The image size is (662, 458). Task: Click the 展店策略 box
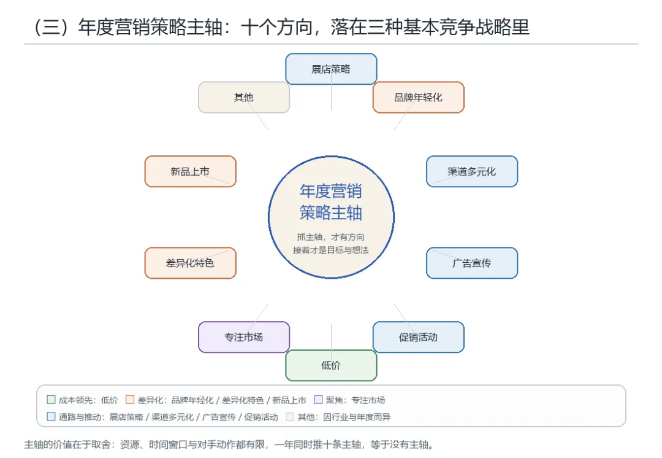point(331,69)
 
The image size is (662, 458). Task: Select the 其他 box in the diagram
point(244,97)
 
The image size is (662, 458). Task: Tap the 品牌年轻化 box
point(419,97)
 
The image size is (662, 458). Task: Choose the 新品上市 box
point(191,171)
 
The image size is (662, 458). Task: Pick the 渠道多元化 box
point(472,171)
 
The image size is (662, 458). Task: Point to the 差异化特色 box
point(191,263)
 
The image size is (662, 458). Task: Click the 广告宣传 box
point(472,263)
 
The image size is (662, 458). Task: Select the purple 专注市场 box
point(244,337)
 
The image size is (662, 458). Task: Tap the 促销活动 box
point(419,337)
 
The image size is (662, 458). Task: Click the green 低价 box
point(331,365)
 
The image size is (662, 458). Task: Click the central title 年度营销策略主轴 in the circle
point(331,202)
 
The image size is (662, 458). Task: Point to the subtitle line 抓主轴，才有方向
point(331,237)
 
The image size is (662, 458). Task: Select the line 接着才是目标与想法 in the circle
point(331,250)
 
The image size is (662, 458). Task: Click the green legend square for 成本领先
point(51,400)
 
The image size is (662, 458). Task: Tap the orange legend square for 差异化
point(130,400)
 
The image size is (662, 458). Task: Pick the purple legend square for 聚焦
point(318,400)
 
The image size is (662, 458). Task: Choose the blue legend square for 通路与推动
point(51,416)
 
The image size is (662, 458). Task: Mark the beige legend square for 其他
point(290,416)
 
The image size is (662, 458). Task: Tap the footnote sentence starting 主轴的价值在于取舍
point(229,444)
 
